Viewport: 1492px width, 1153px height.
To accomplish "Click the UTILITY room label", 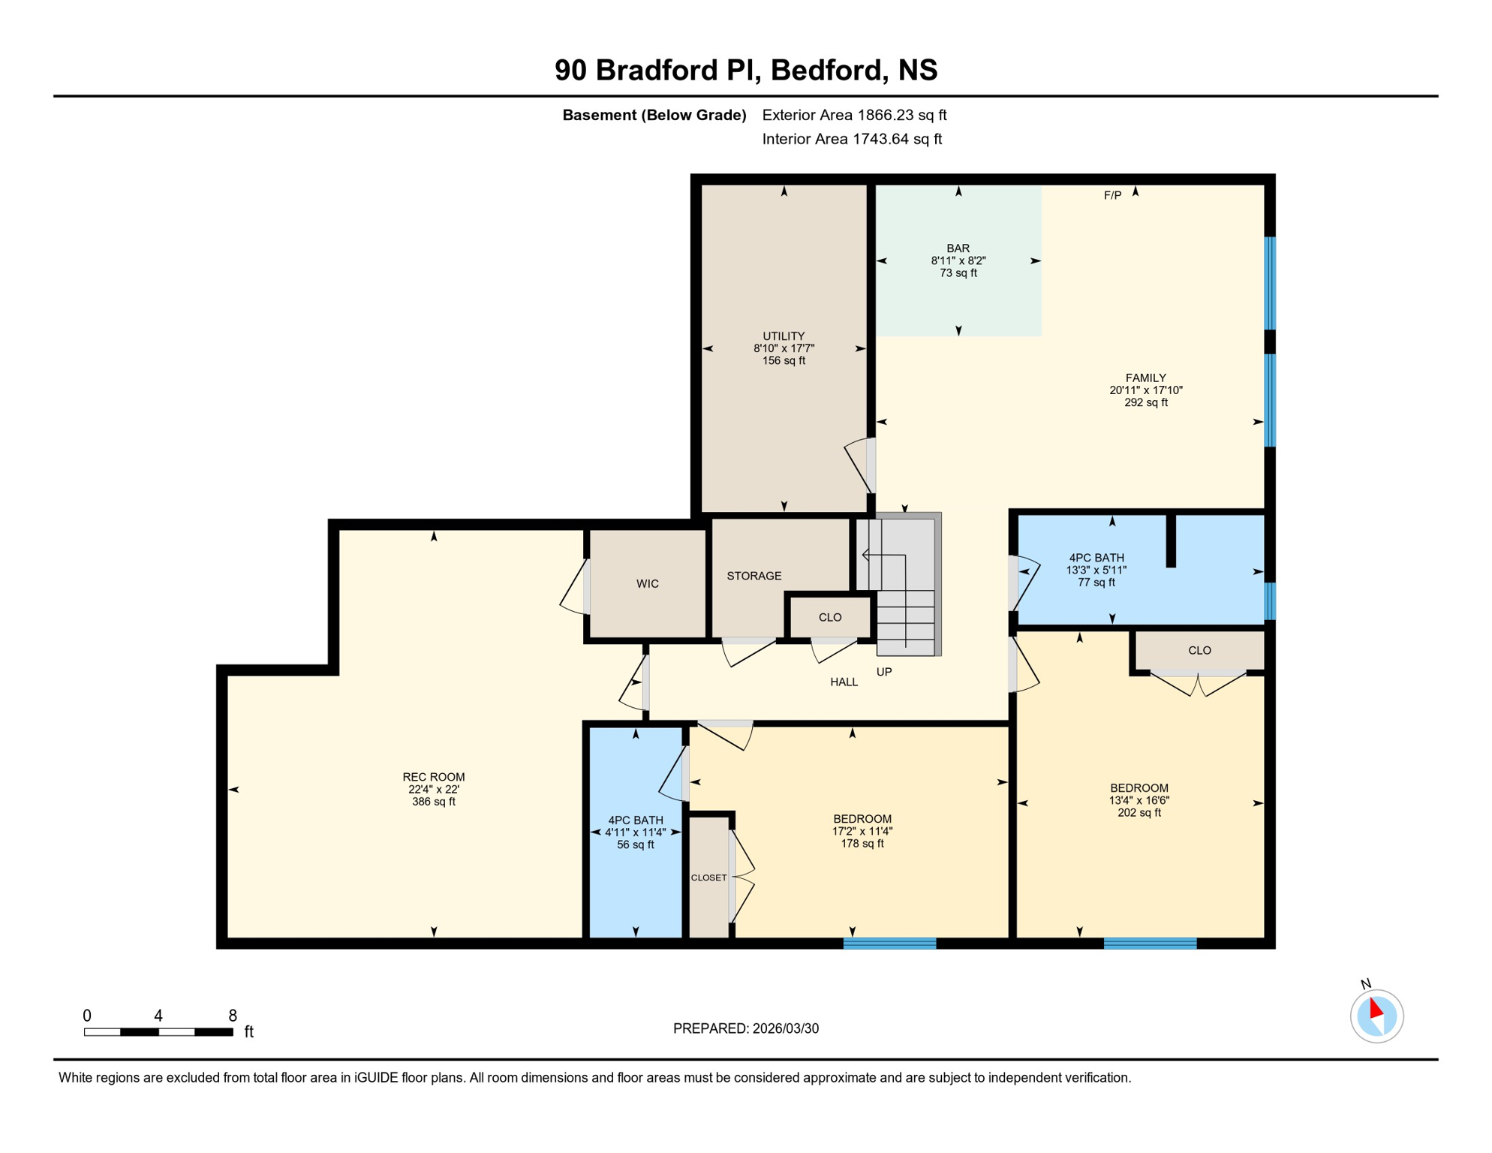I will [x=784, y=336].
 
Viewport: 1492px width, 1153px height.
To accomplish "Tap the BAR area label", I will [x=958, y=248].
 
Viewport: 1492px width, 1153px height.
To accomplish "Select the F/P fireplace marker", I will [x=1112, y=196].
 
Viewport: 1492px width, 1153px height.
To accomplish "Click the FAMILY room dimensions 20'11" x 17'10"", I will [x=1145, y=390].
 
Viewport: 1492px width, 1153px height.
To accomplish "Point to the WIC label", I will [x=647, y=584].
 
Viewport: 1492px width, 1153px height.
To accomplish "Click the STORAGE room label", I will [x=754, y=576].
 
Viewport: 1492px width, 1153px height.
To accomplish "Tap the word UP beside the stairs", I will [x=884, y=672].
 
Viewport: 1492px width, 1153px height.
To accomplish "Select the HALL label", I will [x=844, y=682].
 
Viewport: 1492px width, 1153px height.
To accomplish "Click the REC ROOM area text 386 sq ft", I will [x=433, y=802].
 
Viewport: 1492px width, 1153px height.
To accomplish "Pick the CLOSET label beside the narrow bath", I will [x=708, y=878].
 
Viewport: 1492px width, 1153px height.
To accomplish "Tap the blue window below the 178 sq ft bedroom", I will [x=889, y=944].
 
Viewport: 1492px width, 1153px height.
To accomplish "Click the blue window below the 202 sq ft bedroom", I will [x=1150, y=944].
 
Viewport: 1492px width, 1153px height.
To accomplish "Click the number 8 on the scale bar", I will [x=233, y=1016].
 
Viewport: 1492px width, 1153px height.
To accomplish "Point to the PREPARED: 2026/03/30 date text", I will [x=745, y=1028].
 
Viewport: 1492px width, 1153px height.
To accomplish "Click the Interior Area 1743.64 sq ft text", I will [x=851, y=139].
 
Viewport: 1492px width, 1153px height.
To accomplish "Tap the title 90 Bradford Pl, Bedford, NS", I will [x=745, y=70].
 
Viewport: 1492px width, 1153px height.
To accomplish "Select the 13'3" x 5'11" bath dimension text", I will [x=1096, y=570].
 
